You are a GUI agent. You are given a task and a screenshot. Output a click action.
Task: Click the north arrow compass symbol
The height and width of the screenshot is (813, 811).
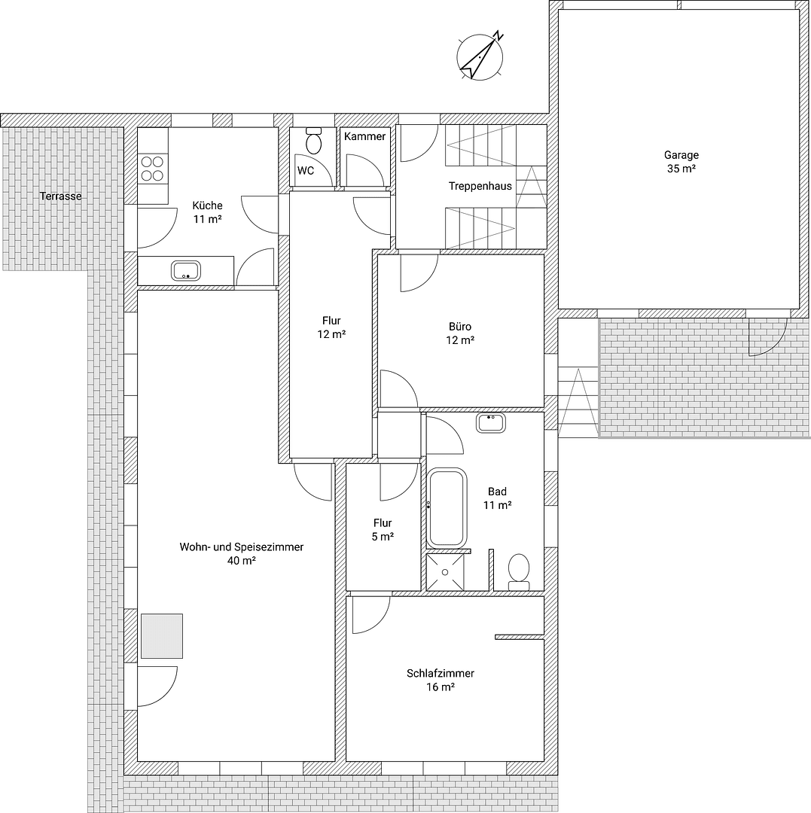pyautogui.click(x=480, y=56)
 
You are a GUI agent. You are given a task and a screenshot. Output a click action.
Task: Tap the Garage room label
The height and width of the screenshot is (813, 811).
pyautogui.click(x=681, y=155)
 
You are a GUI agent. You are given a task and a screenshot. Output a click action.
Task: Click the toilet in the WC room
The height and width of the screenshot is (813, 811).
pyautogui.click(x=314, y=141)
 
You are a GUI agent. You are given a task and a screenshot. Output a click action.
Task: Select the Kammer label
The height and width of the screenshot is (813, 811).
pyautogui.click(x=364, y=136)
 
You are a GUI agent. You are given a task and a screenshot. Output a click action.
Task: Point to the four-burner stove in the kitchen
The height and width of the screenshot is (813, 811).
pyautogui.click(x=153, y=168)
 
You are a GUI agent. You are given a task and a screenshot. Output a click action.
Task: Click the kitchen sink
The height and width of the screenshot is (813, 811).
pyautogui.click(x=185, y=270)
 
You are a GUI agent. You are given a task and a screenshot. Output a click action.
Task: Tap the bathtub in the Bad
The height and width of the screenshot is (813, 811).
pyautogui.click(x=447, y=507)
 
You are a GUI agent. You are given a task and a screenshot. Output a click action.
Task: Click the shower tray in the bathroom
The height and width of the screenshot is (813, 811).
pyautogui.click(x=445, y=572)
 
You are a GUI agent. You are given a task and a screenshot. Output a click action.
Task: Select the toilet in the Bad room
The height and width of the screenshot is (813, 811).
pyautogui.click(x=519, y=571)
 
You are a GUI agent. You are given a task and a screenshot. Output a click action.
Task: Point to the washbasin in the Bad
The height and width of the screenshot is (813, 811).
pyautogui.click(x=491, y=422)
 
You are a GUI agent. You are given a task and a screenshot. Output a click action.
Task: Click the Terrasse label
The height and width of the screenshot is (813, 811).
pyautogui.click(x=61, y=196)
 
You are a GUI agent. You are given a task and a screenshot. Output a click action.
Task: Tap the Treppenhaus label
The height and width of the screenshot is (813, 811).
pyautogui.click(x=480, y=186)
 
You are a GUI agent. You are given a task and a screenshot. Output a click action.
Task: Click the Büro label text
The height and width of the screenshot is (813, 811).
pyautogui.click(x=460, y=327)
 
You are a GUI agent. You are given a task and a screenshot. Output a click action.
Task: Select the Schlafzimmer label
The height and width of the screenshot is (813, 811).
pyautogui.click(x=441, y=674)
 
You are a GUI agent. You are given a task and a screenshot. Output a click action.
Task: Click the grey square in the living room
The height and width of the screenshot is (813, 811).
pyautogui.click(x=162, y=636)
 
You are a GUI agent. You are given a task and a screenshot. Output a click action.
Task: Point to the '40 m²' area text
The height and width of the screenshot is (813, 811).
pyautogui.click(x=242, y=560)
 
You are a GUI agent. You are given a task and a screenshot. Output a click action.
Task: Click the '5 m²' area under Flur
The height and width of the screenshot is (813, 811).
pyautogui.click(x=383, y=536)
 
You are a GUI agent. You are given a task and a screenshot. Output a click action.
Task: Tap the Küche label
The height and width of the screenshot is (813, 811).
pyautogui.click(x=207, y=206)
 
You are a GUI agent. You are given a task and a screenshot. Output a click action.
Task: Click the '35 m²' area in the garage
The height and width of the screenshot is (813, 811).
pyautogui.click(x=681, y=169)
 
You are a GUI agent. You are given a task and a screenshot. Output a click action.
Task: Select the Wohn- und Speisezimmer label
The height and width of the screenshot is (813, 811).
pyautogui.click(x=241, y=547)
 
